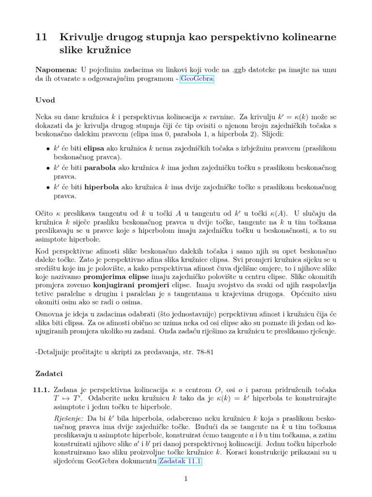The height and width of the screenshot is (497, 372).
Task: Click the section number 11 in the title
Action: [41, 37]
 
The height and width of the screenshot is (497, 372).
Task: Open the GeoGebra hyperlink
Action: [197, 79]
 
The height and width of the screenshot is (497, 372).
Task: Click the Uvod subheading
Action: [46, 100]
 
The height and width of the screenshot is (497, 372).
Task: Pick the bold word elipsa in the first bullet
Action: [97, 148]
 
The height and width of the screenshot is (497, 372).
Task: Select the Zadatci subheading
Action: [49, 374]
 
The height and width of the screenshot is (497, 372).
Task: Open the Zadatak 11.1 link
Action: [180, 462]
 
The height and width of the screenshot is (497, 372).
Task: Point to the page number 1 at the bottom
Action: [186, 479]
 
